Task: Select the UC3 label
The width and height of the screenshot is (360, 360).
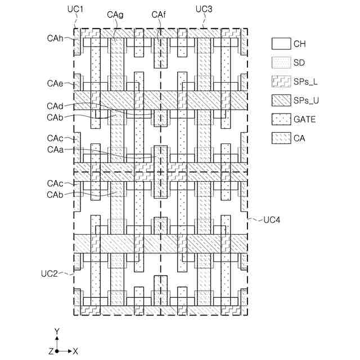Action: pos(204,10)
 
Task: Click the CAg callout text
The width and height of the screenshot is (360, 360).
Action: pos(115,15)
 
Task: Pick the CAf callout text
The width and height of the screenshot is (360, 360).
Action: pos(159,15)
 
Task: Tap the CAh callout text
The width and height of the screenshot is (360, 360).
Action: pos(55,38)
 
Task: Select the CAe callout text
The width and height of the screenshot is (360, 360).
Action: pos(55,83)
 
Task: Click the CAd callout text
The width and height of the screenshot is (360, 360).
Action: pos(55,106)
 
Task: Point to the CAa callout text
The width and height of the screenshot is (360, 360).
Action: pos(55,149)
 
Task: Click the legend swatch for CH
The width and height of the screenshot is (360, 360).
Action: pos(280,43)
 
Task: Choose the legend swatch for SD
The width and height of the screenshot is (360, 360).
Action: pos(280,62)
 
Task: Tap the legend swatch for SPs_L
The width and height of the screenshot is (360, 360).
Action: pos(280,81)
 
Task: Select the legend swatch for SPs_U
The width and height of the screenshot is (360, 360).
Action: pos(280,100)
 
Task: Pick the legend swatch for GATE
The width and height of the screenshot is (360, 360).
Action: pos(280,119)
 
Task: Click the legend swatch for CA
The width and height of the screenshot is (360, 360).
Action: pos(280,137)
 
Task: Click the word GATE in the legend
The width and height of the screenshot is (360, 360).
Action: pos(304,119)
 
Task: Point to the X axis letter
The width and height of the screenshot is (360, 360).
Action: pos(75,351)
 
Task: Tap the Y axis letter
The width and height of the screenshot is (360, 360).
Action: pos(56,331)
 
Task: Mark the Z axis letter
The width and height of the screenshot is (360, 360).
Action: pos(51,351)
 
